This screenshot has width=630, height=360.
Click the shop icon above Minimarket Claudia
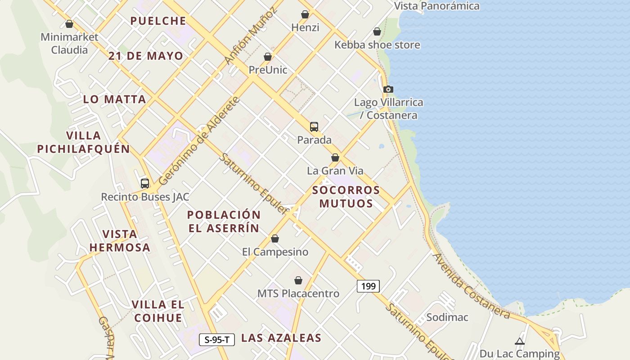click(69, 24)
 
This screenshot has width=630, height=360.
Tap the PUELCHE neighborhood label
click(158, 21)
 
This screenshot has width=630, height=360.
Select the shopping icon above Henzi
click(305, 14)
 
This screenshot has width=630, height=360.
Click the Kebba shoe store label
click(377, 45)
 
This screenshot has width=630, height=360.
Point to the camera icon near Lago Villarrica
click(388, 90)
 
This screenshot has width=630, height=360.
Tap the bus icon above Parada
click(314, 127)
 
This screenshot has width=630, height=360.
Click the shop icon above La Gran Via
click(335, 157)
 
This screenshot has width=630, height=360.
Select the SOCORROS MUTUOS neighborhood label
click(346, 197)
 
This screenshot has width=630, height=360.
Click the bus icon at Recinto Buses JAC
click(144, 184)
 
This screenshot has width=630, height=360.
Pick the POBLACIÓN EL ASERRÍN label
click(224, 221)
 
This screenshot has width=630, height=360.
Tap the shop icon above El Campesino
click(275, 238)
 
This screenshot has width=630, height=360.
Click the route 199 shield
click(368, 286)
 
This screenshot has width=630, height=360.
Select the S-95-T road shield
click(217, 340)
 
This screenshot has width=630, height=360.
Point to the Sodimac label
click(447, 317)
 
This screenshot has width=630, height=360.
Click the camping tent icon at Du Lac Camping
click(520, 342)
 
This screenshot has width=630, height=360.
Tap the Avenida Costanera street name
click(471, 286)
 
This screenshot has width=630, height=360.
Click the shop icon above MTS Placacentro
click(298, 281)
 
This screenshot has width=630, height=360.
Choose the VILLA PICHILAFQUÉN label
click(83, 142)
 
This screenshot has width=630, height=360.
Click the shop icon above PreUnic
click(268, 57)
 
